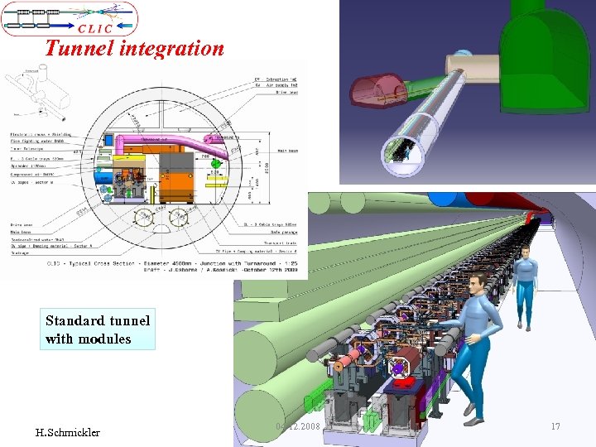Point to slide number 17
[555, 426]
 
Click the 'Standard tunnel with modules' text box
[97, 329]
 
